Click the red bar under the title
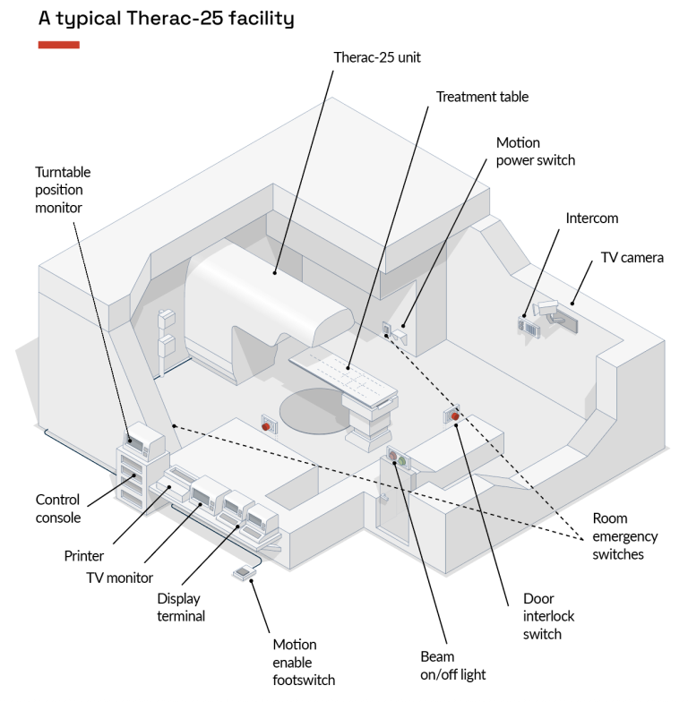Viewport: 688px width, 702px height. coord(59,45)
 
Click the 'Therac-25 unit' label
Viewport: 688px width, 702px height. coord(377,57)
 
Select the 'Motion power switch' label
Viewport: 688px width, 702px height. coord(536,151)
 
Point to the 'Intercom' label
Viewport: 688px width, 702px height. coord(591,218)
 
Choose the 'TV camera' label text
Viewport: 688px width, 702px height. coord(632,258)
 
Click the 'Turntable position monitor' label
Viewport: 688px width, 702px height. coord(63,190)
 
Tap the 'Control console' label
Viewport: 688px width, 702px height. coord(57,509)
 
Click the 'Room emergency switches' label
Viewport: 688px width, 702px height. coord(624,536)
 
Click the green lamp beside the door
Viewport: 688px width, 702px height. coord(402,462)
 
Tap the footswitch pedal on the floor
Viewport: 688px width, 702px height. coord(243,572)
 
